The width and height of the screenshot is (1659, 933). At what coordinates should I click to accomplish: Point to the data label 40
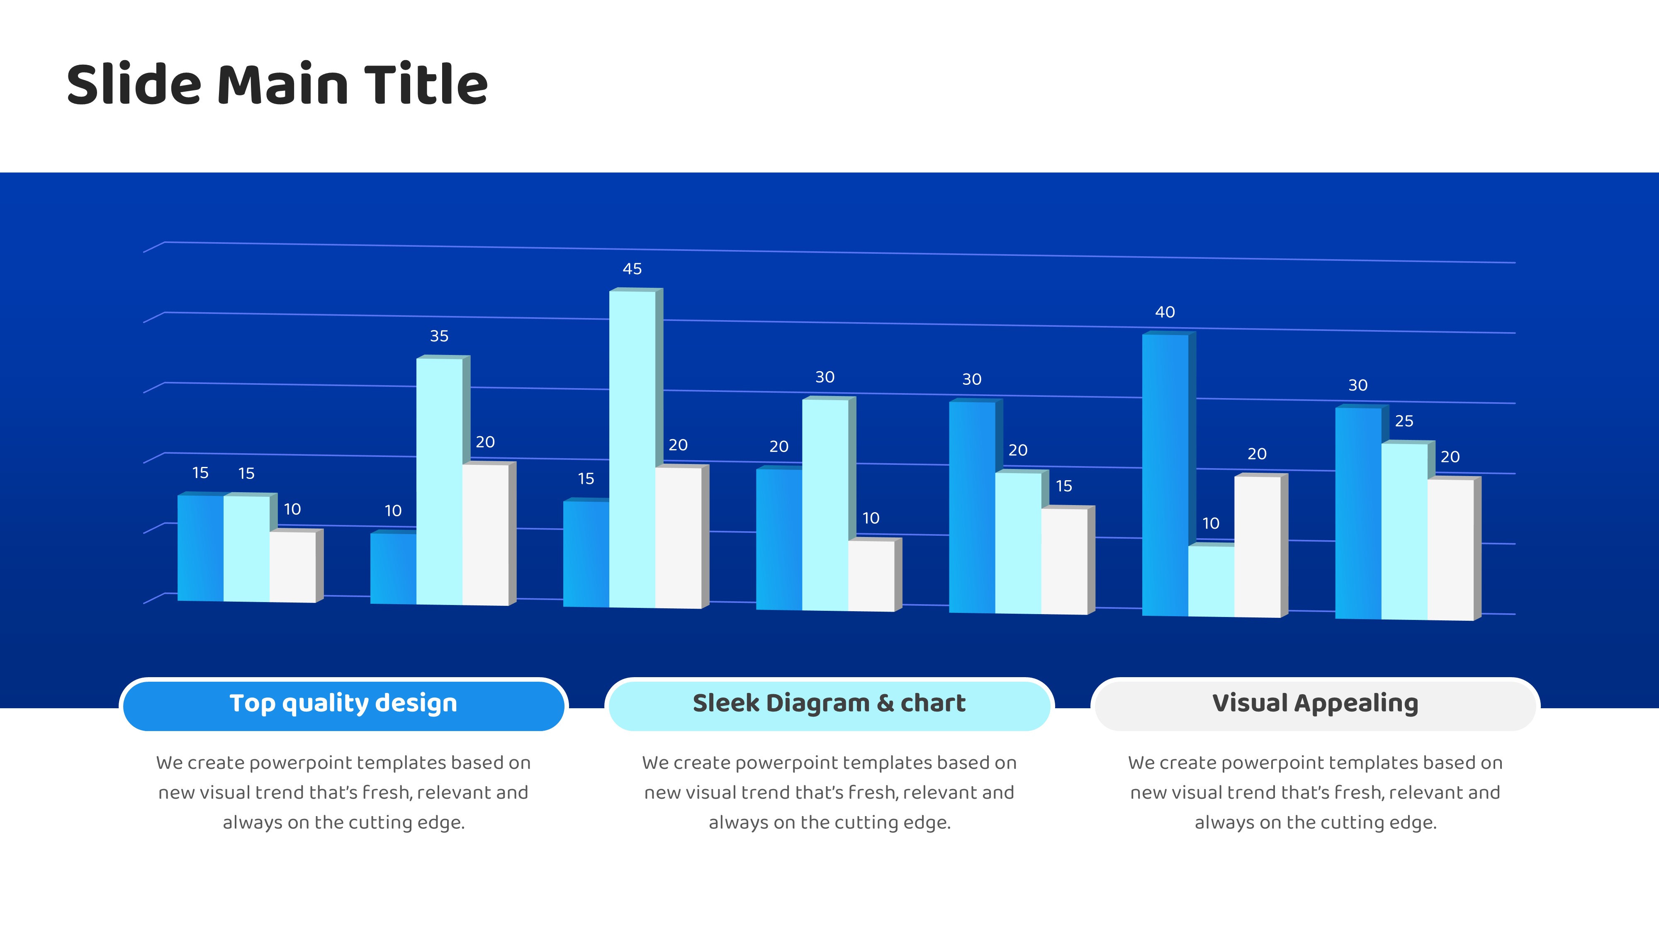click(x=1165, y=312)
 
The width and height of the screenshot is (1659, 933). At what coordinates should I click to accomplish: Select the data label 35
click(x=439, y=336)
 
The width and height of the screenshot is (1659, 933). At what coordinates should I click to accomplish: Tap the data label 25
click(x=1404, y=421)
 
